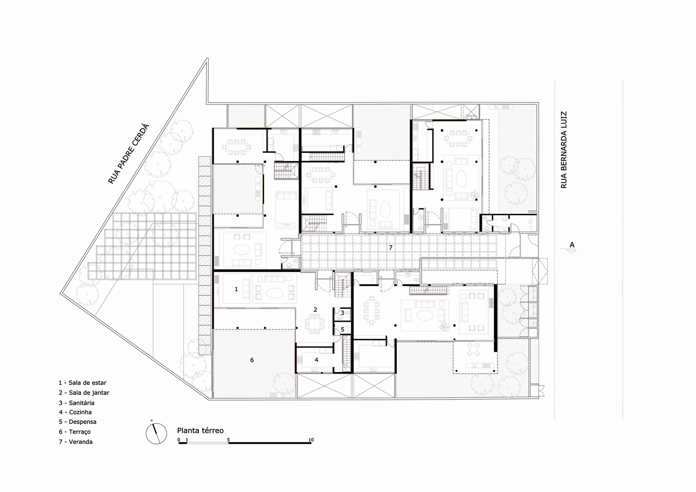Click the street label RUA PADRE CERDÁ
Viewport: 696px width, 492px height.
128,154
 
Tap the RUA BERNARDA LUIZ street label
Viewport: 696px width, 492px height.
564,150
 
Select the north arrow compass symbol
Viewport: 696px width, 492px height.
156,433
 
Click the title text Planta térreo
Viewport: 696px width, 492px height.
200,430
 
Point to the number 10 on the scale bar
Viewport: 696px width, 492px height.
311,440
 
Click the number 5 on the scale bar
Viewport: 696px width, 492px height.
228,440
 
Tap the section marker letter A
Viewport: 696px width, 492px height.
572,245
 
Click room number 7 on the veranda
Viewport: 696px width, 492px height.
390,248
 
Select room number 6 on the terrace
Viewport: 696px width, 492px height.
252,360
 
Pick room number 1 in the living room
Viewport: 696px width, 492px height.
236,289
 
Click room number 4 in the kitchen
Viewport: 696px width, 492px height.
316,360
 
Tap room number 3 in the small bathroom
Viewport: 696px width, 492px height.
342,313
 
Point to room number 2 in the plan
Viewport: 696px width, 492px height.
315,309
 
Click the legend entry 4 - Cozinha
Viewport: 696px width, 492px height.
75,412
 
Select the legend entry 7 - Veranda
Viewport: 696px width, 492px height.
76,442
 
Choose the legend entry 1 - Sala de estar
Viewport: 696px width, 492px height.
82,383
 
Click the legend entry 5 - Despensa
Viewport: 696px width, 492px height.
78,422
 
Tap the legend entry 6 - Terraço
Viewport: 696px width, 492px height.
74,432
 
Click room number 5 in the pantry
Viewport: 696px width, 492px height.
342,330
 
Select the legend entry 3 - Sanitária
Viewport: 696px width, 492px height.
77,403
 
